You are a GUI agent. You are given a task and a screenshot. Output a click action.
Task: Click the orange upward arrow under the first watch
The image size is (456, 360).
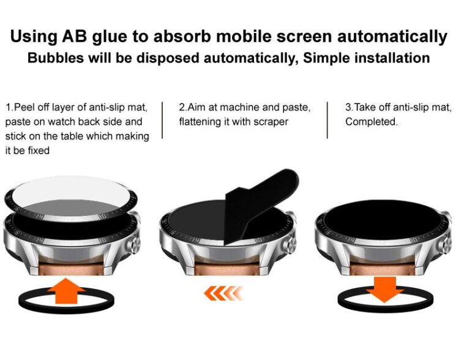click(x=67, y=291)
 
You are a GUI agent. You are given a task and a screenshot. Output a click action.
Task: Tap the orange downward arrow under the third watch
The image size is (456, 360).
click(x=385, y=290)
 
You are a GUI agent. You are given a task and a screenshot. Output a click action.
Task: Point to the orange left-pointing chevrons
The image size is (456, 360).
click(x=223, y=293)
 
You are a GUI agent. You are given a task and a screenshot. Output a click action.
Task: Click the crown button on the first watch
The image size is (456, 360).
click(x=135, y=244)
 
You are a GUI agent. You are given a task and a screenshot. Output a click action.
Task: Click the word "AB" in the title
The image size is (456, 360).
click(x=75, y=37)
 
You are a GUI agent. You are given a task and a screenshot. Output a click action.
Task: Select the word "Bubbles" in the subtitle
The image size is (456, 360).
click(x=55, y=58)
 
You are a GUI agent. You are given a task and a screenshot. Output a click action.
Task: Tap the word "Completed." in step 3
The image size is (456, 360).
click(x=372, y=122)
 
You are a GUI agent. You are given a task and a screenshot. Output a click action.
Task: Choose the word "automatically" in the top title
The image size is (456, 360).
click(x=392, y=37)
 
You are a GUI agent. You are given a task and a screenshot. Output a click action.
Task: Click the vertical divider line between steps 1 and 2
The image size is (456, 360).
click(x=162, y=120)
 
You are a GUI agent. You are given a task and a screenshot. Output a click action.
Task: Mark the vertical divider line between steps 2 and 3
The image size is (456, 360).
click(x=327, y=120)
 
